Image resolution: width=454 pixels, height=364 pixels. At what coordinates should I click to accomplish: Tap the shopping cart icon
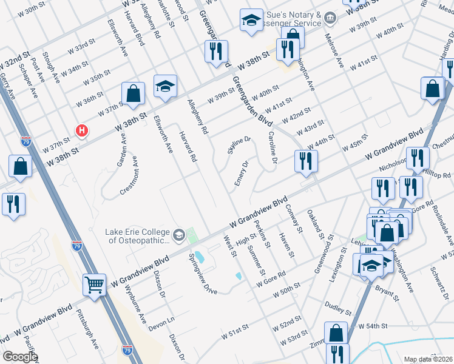pyautogui.click(x=95, y=284)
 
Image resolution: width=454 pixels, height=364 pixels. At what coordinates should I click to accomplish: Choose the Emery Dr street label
pyautogui.click(x=242, y=174)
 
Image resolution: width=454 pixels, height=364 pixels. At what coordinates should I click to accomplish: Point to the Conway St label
pyautogui.click(x=294, y=218)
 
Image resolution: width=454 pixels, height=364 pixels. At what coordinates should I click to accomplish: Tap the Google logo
pyautogui.click(x=20, y=357)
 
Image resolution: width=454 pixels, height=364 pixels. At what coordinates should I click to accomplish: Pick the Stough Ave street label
pyautogui.click(x=53, y=70)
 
